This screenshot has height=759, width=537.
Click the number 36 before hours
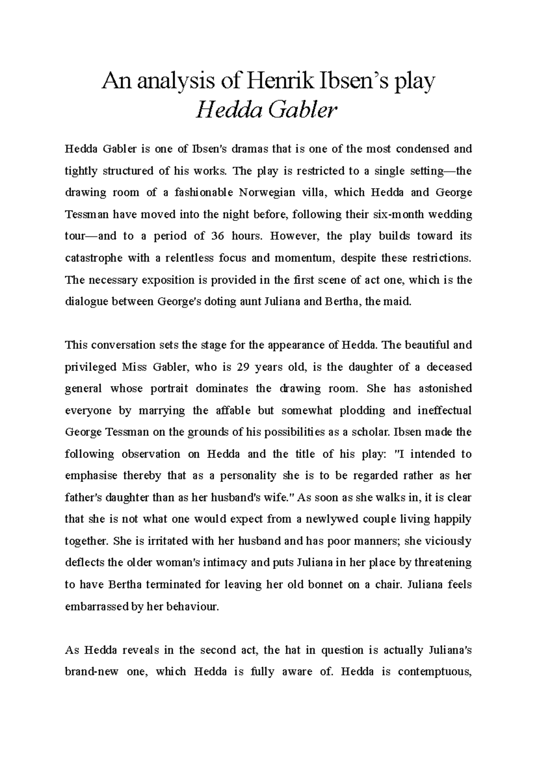[217, 236]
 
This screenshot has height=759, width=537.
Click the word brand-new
[92, 672]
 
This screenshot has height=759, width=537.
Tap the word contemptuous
[435, 672]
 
